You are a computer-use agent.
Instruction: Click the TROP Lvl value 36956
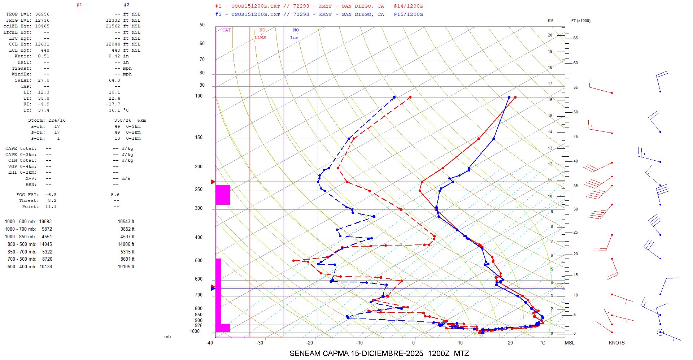[42, 14]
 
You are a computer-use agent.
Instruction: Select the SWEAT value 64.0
[114, 80]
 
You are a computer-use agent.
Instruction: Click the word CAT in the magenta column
[226, 30]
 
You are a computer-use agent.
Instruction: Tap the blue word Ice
[294, 38]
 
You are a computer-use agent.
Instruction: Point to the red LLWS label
[260, 38]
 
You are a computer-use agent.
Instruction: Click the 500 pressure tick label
[199, 261]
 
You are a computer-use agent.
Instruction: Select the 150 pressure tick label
[199, 138]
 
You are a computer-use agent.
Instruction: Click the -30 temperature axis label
[260, 343]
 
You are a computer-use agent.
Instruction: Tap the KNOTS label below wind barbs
[616, 343]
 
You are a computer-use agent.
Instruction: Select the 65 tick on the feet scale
[575, 38]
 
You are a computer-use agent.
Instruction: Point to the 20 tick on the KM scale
[550, 35]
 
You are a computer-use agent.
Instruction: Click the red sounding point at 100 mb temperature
[515, 97]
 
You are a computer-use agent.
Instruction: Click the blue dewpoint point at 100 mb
[394, 97]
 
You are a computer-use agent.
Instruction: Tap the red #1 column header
[79, 5]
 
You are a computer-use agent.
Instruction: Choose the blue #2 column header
[126, 5]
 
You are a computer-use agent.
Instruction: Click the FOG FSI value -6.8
[51, 195]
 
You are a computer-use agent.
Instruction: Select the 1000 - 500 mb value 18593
[45, 221]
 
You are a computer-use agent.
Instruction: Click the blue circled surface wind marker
[660, 332]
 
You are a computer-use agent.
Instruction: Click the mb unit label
[167, 337]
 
